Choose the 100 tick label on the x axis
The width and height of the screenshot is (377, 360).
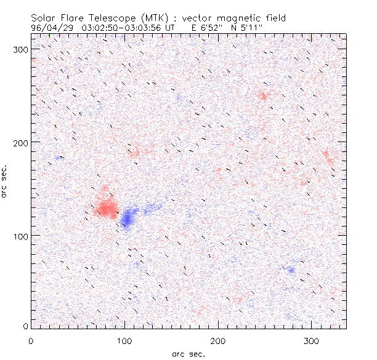tap(124, 340)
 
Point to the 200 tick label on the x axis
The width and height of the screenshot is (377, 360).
tap(218, 340)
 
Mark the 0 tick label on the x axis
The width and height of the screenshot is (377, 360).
tap(31, 340)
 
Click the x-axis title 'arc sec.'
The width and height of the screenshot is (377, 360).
tap(188, 354)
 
